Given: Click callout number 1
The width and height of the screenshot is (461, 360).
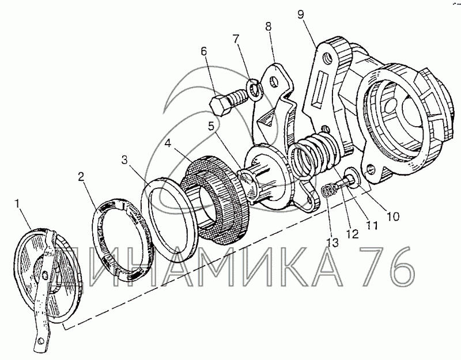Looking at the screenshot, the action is coord(17,204).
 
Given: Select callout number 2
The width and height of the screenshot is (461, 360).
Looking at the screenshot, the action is coord(81,177).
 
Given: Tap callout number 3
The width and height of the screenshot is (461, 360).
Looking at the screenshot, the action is coord(124,161).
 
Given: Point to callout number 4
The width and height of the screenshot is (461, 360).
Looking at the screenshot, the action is coord(168,143).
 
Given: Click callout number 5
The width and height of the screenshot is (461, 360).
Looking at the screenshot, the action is coord(211,126).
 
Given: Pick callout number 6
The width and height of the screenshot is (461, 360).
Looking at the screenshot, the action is coord(204,51).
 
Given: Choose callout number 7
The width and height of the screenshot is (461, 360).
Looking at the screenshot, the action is coord(236,39).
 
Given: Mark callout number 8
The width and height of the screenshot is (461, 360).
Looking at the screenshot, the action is coord(268,26).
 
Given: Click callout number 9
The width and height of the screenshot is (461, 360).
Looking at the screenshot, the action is coord(300,14).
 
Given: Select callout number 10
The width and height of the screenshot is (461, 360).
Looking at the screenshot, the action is coord(393,217).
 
